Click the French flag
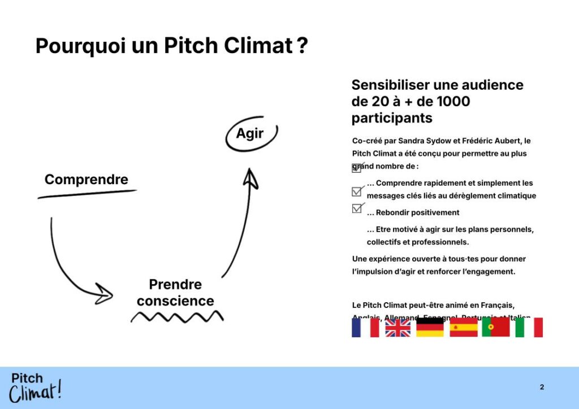pyautogui.click(x=365, y=327)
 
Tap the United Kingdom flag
pyautogui.click(x=398, y=327)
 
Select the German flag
pyautogui.click(x=430, y=327)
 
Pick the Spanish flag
pyautogui.click(x=464, y=327)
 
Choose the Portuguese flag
pyautogui.click(x=496, y=327)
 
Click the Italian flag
pyautogui.click(x=529, y=327)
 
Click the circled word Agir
pyautogui.click(x=250, y=134)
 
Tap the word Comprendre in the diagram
pyautogui.click(x=87, y=180)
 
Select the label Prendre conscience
pyautogui.click(x=175, y=292)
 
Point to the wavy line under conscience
pyautogui.click(x=177, y=316)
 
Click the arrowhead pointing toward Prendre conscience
pyautogui.click(x=105, y=293)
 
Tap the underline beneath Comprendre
pyautogui.click(x=87, y=194)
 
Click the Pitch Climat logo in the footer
pyautogui.click(x=35, y=388)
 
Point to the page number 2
pyautogui.click(x=542, y=387)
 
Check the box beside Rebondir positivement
pyautogui.click(x=357, y=208)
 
